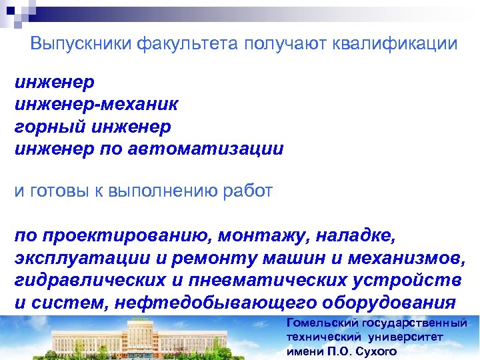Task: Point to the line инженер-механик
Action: pos(96,104)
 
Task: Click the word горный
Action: pos(41,127)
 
